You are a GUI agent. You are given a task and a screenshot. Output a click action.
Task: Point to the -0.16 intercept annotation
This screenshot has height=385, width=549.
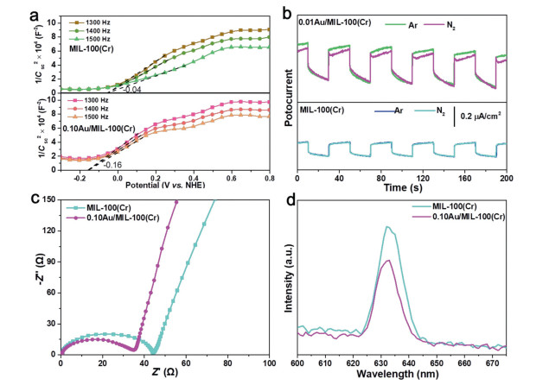pyautogui.click(x=112, y=162)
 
